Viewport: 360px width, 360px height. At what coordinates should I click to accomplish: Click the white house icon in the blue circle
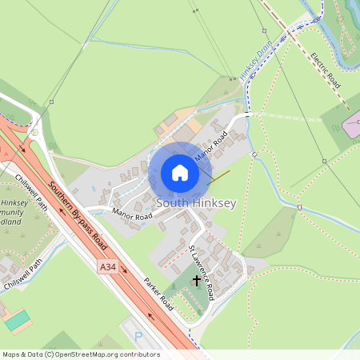point(179,173)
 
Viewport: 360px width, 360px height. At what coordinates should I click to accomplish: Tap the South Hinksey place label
point(196,203)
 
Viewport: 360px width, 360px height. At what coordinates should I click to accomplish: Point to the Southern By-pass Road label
point(77,215)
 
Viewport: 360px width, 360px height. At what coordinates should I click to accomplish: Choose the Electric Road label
point(326,70)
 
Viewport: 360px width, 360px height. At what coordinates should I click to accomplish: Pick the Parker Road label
point(158,294)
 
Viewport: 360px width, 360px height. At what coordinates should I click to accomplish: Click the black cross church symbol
point(197,281)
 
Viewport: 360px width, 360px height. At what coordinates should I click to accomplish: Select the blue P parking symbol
point(138,338)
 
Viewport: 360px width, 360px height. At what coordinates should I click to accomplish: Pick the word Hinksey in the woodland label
point(14,203)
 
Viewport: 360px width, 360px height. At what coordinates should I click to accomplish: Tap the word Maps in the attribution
point(11,354)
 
